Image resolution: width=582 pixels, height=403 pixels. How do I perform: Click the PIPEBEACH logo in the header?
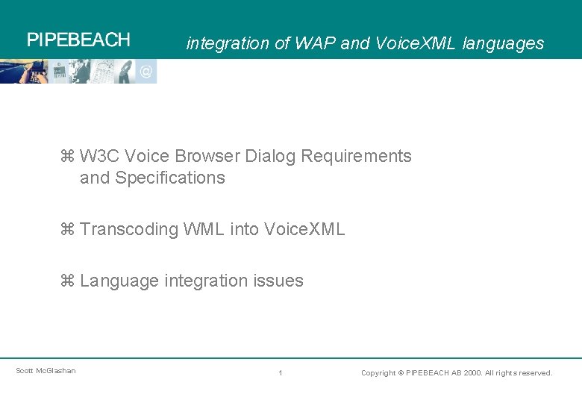pyautogui.click(x=78, y=40)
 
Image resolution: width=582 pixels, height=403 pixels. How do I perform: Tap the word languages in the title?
pyautogui.click(x=503, y=43)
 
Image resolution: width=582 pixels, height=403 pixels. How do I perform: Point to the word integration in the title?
pyautogui.click(x=228, y=43)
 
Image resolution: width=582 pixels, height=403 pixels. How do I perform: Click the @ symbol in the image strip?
pyautogui.click(x=146, y=72)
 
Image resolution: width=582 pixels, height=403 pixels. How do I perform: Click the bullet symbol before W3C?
pyautogui.click(x=66, y=157)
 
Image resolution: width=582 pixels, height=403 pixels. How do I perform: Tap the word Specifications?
pyautogui.click(x=170, y=178)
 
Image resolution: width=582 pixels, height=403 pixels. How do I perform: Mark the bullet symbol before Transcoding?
pyautogui.click(x=66, y=230)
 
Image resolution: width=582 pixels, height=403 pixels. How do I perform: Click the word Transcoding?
pyautogui.click(x=129, y=230)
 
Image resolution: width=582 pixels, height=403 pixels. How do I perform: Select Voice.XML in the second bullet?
pyautogui.click(x=304, y=230)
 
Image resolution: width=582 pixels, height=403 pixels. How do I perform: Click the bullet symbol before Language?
pyautogui.click(x=66, y=281)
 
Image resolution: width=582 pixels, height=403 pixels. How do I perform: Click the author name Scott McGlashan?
pyautogui.click(x=46, y=371)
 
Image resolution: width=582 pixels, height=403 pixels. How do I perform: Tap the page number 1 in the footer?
pyautogui.click(x=280, y=372)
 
